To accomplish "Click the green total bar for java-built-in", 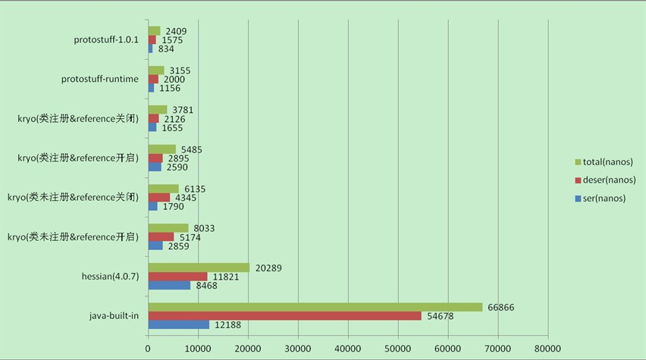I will click(315, 307).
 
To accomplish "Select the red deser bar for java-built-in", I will click(284, 316).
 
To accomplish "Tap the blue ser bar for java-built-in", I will click(178, 325).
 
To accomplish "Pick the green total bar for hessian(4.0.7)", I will click(199, 268).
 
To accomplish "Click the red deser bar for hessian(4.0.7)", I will click(177, 277).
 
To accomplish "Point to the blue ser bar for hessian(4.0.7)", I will click(169, 286).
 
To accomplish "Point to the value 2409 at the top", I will click(177, 31).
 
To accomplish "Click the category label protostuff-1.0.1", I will click(106, 39).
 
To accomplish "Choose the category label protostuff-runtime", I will click(100, 79).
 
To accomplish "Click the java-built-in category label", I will click(114, 315).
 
